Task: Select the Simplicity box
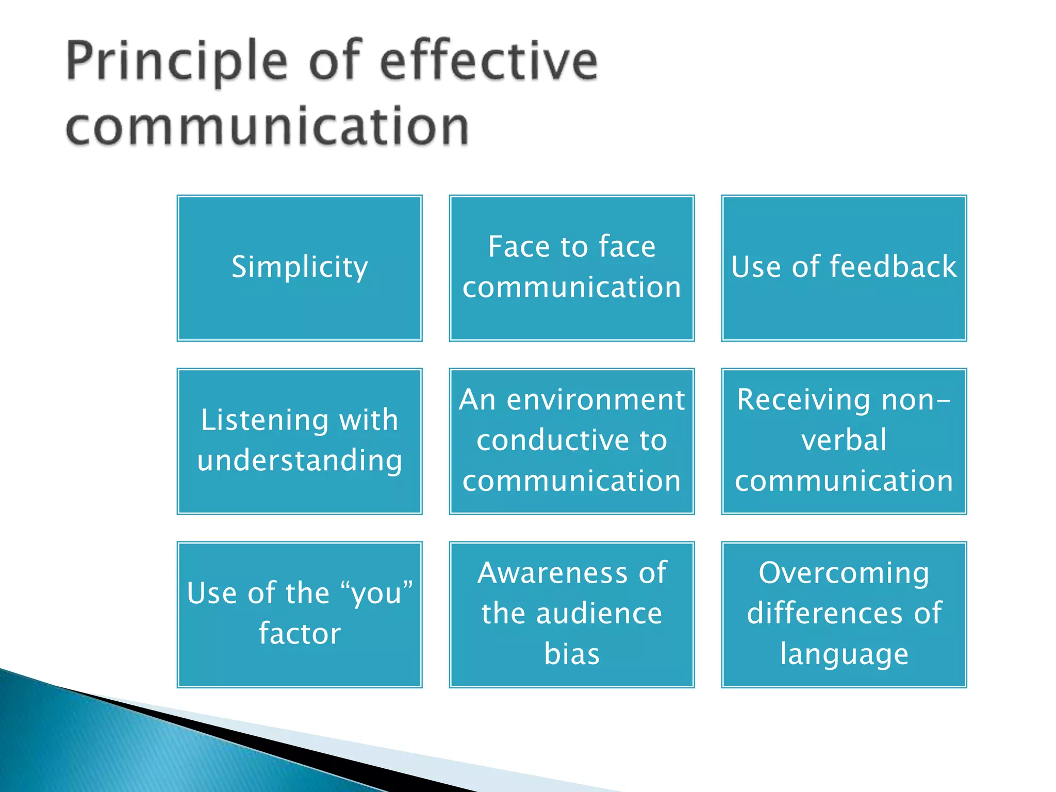[x=300, y=268]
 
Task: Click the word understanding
[x=300, y=460]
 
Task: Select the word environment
[x=596, y=400]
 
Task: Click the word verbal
[x=844, y=440]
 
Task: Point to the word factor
[x=300, y=634]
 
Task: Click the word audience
[x=599, y=614]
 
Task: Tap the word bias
[x=572, y=654]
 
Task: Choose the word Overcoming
[x=844, y=573]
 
